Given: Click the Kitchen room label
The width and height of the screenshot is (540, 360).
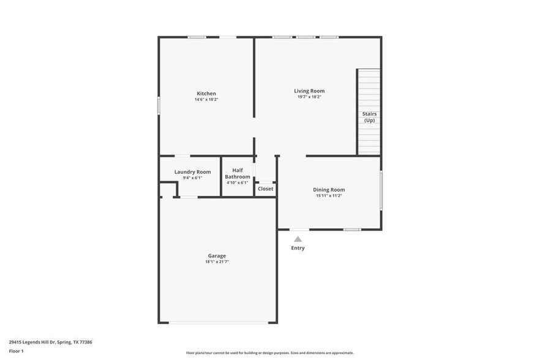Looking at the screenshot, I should click(x=206, y=93).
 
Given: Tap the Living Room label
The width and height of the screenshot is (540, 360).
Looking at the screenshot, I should click(x=309, y=91).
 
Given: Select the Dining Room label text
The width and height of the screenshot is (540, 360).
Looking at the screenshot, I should click(x=329, y=190).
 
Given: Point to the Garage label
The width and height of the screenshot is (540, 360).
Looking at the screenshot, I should click(x=217, y=255).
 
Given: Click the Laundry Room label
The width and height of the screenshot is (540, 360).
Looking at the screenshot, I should click(x=192, y=172).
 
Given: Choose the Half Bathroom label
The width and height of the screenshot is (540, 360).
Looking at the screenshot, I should click(x=238, y=173).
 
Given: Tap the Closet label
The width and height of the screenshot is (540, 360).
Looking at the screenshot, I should click(x=265, y=189).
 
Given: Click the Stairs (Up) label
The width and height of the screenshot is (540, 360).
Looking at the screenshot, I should click(x=369, y=117).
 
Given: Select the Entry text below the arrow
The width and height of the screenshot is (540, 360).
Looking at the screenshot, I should click(x=298, y=248).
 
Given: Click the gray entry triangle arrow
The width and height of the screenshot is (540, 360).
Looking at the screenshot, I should click(x=298, y=239).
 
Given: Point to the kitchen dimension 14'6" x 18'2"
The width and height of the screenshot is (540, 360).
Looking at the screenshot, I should click(x=206, y=99).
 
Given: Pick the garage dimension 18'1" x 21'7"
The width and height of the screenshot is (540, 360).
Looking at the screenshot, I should click(x=217, y=261).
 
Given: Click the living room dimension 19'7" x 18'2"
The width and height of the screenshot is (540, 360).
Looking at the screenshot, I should click(x=309, y=97).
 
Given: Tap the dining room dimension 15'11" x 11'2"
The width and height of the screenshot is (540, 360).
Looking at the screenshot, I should click(x=329, y=196).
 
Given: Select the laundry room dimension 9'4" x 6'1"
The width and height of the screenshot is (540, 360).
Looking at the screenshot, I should click(x=192, y=178).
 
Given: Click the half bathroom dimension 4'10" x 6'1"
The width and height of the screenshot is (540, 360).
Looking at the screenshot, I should click(x=238, y=182).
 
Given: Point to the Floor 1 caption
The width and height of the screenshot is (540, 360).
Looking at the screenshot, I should click(x=16, y=351).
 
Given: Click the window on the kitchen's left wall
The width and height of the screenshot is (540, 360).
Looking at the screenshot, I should click(x=159, y=105).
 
